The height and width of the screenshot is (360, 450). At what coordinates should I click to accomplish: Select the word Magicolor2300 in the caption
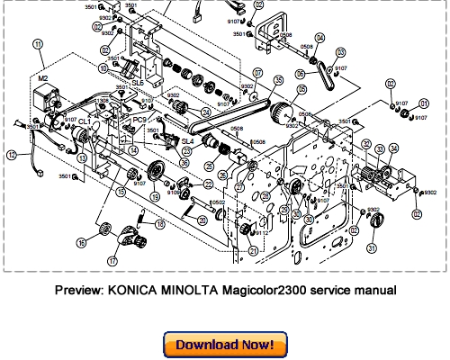tap(265, 291)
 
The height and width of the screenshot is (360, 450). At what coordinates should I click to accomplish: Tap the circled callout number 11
tap(37, 43)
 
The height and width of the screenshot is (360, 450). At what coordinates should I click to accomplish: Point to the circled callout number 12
tap(11, 156)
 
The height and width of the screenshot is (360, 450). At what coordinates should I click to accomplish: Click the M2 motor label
tap(41, 78)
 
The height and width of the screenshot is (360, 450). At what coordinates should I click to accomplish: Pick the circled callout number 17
tap(138, 260)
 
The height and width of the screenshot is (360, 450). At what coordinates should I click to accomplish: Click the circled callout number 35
tap(278, 80)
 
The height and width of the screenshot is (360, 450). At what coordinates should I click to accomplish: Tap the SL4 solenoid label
tap(187, 141)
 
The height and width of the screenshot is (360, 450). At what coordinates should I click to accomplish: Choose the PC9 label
tap(139, 120)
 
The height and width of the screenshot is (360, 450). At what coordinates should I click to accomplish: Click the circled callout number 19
tap(155, 196)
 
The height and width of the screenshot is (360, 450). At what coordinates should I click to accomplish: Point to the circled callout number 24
tap(207, 112)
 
